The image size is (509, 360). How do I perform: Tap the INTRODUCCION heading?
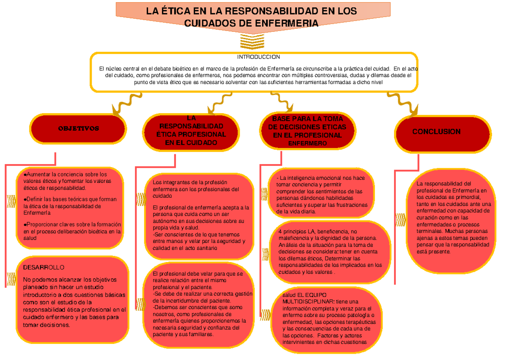click(x=258, y=57)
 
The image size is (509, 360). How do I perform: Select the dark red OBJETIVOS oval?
click(x=78, y=128)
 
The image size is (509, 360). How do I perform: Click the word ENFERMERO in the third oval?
click(x=308, y=144)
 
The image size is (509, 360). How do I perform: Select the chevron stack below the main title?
click(x=252, y=42)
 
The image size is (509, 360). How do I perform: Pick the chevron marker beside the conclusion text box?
click(x=400, y=220)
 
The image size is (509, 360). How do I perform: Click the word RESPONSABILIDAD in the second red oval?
click(x=191, y=126)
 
